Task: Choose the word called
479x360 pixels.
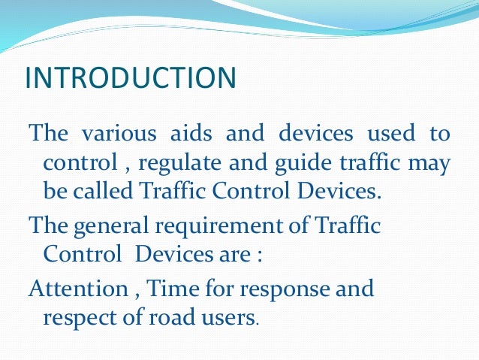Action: point(102,191)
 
